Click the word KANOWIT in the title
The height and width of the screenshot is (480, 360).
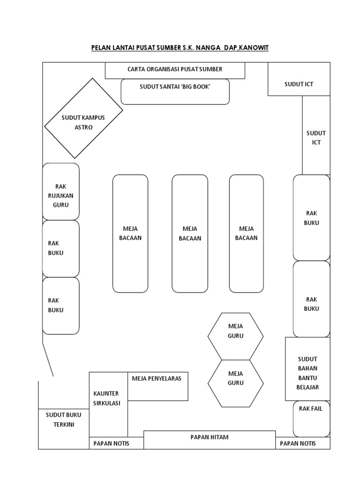pos(253,48)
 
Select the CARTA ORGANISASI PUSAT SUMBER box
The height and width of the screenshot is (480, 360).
pos(175,70)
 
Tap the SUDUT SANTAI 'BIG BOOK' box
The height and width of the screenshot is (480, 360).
pos(175,91)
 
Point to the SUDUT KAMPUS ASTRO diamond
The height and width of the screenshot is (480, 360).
pos(83,118)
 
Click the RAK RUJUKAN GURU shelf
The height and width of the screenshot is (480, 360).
pos(60,192)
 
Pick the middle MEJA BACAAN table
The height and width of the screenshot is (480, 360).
pos(190,233)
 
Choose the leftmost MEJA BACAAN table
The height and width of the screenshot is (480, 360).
pos(130,233)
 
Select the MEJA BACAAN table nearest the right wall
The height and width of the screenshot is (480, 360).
pos(247,233)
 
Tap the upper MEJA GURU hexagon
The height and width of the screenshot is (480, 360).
pos(235,336)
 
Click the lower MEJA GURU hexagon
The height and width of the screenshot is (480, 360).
pos(235,383)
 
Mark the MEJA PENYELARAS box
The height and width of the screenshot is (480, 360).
pos(157,386)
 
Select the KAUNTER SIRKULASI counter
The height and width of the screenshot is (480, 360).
pos(108,405)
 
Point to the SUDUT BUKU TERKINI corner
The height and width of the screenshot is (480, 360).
pos(64,428)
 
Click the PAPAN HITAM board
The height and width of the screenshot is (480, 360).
pos(210,440)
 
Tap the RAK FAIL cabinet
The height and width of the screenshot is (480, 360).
pos(311,419)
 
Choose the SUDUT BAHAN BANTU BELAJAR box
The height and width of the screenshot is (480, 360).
pos(307,369)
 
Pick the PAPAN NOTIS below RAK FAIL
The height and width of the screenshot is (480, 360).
pos(303,443)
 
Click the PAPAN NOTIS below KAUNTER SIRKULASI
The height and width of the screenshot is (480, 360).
pos(116,443)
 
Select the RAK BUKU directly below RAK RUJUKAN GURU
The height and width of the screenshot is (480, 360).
pos(60,248)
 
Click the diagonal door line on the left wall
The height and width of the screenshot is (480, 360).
pos(48,360)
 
